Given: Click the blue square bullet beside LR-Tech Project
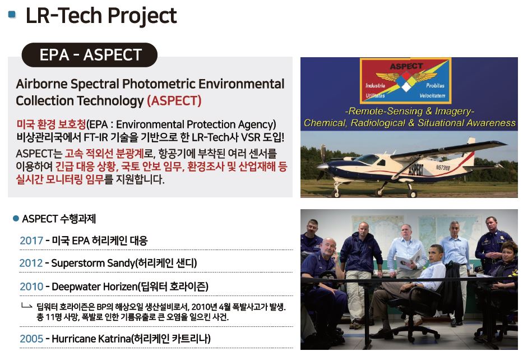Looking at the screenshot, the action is pos(12,15).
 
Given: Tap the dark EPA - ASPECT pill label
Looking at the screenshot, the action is pos(89,55).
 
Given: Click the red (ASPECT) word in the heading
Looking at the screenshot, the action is pos(174,100).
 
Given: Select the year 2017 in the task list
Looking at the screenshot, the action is pos(31,240).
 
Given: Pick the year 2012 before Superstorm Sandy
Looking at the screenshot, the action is pos(31,263).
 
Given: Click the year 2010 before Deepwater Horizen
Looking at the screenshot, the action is pos(31,287).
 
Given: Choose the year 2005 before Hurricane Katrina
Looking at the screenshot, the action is pos(31,338).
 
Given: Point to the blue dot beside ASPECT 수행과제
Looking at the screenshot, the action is pos(16,219).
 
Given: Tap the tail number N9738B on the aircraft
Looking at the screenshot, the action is pos(443,167).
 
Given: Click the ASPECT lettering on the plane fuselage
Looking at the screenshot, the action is pos(415,170).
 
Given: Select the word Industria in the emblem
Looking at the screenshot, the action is pos(375,85).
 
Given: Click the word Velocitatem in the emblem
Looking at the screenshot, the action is pos(432,96).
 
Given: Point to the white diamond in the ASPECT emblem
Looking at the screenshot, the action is pos(406,86).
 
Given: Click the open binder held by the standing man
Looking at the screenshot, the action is pos(408,259).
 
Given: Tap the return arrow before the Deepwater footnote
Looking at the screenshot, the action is pos(27,306).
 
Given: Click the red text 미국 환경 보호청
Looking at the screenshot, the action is pos(51,124).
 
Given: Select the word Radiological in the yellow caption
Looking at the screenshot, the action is pos(378,123).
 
